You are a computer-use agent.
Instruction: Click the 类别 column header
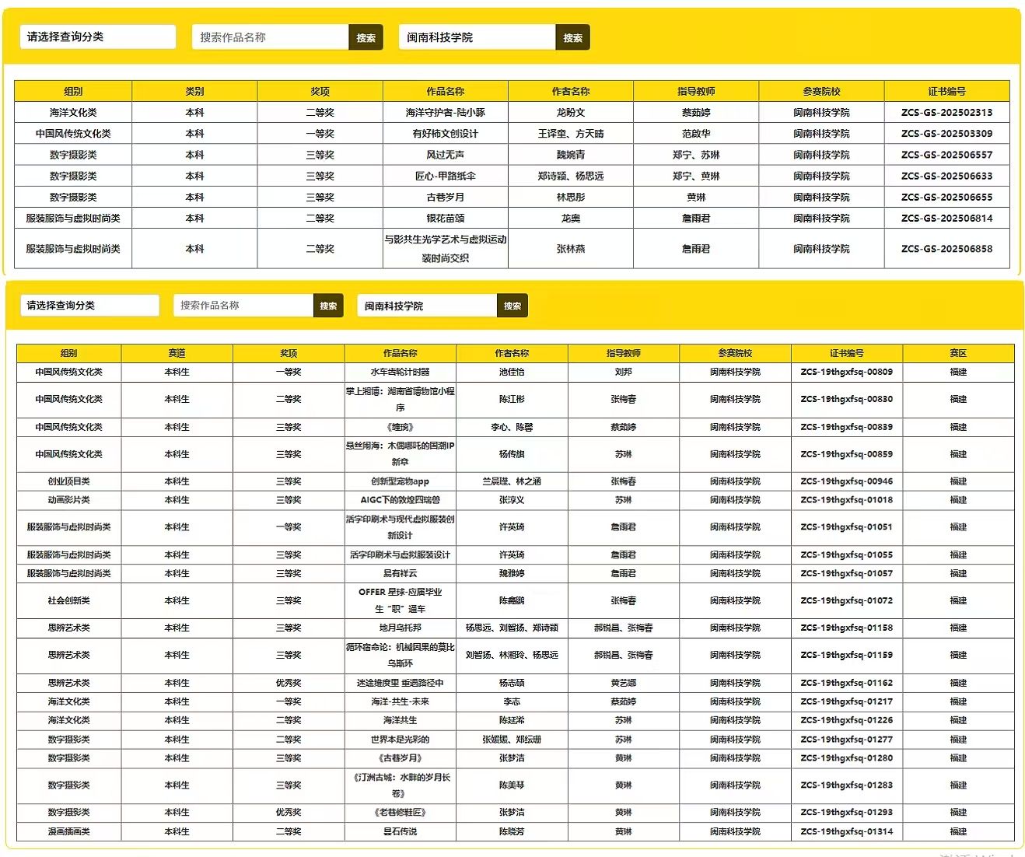tap(194, 91)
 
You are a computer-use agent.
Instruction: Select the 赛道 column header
tap(177, 353)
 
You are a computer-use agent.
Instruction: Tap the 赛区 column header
tap(958, 353)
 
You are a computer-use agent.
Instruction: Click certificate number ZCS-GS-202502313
tap(946, 113)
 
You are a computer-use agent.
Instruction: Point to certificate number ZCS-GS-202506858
tap(946, 249)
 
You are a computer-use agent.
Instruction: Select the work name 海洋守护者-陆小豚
tap(445, 113)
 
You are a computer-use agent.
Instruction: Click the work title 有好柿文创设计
tap(445, 134)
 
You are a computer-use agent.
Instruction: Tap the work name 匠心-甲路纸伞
tap(445, 176)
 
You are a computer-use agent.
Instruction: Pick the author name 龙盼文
tap(571, 113)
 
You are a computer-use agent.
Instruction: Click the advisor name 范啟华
tap(696, 134)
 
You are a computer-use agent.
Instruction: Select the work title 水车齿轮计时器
tap(400, 373)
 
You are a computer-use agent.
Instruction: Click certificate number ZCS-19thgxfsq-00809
tap(846, 373)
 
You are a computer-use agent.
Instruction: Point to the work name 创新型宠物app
tap(400, 481)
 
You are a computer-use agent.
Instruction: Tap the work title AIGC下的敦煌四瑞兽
tap(400, 500)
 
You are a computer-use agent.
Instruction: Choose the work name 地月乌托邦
tap(400, 628)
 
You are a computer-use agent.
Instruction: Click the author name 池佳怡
tap(512, 373)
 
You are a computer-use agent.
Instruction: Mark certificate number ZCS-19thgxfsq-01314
tap(846, 831)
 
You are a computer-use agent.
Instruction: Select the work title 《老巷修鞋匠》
tap(400, 812)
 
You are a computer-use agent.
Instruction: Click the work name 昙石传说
tap(400, 831)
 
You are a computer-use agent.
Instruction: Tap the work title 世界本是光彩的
tap(400, 740)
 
